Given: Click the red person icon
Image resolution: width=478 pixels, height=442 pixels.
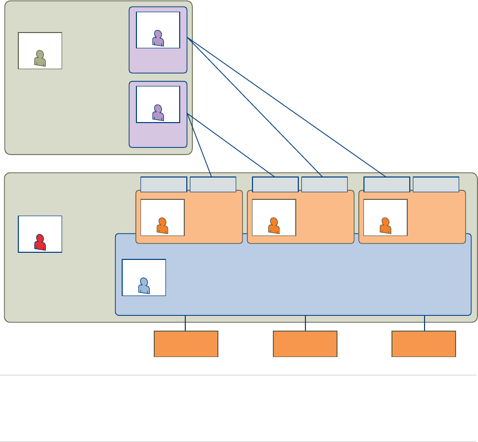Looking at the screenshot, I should click(40, 242).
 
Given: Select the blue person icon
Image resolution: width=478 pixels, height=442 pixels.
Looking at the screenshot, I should click(144, 286).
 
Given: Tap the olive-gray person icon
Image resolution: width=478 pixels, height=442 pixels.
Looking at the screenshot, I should click(40, 58).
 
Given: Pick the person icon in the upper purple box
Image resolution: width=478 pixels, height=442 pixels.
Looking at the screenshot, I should click(158, 38).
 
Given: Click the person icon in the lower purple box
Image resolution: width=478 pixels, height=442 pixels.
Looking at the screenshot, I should click(158, 112).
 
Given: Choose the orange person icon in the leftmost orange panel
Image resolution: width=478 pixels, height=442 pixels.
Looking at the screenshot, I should click(162, 226).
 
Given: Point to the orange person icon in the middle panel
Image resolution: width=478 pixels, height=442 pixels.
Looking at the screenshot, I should click(274, 226).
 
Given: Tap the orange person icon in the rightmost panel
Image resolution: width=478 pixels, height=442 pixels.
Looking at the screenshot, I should click(385, 226).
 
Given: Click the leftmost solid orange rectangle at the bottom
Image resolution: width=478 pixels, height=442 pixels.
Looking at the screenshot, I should click(186, 344).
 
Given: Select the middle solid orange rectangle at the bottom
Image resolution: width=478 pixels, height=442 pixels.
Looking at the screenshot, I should click(305, 344).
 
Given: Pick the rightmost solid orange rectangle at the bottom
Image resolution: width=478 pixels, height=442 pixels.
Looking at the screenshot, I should click(424, 344).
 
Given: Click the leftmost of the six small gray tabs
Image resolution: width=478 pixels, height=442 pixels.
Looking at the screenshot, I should click(163, 184).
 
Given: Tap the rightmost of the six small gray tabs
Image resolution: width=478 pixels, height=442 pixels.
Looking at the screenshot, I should click(436, 184).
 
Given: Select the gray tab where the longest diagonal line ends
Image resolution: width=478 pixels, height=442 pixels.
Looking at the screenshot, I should click(387, 184).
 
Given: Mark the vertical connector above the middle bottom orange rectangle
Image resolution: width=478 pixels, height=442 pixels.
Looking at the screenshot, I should click(305, 323).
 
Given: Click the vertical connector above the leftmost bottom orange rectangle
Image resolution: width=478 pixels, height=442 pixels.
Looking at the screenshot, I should click(186, 323).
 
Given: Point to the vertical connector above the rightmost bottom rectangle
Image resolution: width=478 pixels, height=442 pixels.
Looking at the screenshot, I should click(425, 323).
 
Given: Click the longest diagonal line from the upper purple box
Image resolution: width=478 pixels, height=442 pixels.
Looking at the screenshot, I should click(287, 107).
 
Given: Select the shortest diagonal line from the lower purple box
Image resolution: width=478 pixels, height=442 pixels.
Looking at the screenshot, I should click(200, 146).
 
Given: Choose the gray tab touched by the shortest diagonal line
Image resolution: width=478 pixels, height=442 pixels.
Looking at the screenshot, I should click(213, 184).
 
